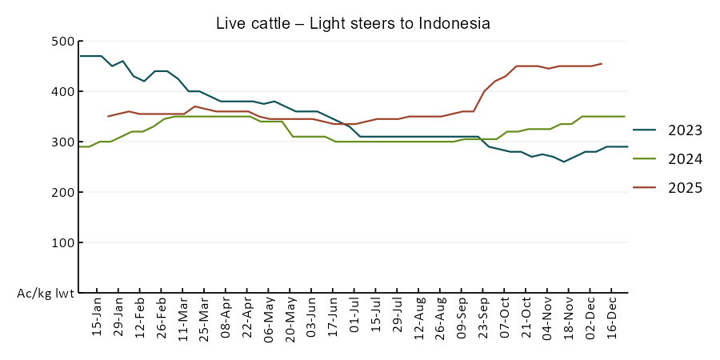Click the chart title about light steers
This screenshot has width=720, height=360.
[353, 23]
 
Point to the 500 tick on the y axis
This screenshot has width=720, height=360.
[62, 42]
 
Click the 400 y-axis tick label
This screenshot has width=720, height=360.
[62, 92]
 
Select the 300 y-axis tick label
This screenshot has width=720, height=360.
[62, 142]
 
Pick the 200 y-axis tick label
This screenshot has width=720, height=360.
[62, 193]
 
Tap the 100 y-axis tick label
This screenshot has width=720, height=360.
[62, 243]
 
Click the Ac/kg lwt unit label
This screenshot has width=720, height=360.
[46, 294]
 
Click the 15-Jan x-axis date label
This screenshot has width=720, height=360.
[97, 318]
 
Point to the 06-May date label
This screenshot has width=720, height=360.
[269, 318]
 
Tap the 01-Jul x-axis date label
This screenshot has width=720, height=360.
[354, 318]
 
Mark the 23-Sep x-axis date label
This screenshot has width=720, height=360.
[483, 318]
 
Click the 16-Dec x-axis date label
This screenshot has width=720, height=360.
[612, 318]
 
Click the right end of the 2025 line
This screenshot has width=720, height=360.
[602, 63]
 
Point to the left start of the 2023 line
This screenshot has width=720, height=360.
[80, 56]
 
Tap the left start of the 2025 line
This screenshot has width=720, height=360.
[108, 116]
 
